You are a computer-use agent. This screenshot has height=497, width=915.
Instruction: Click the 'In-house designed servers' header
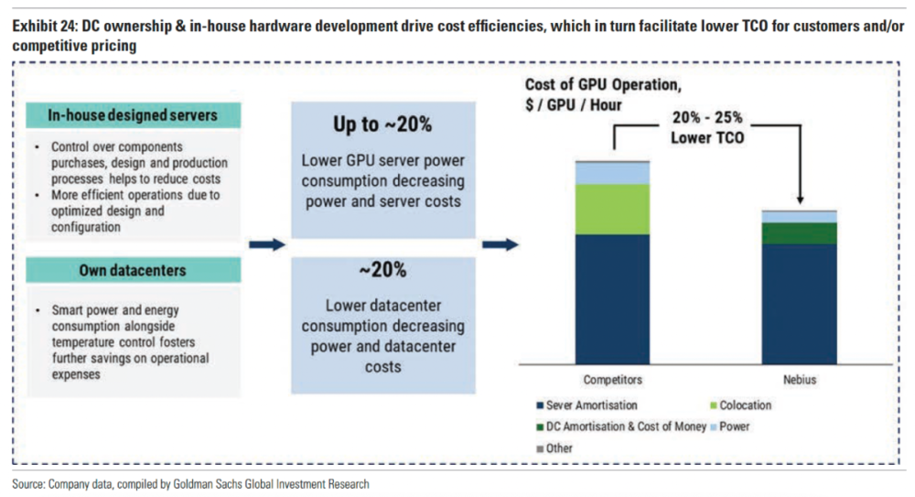coord(132,115)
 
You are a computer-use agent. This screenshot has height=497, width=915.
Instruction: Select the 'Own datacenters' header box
coord(132,270)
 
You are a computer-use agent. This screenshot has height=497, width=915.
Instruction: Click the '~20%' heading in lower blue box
coord(382,270)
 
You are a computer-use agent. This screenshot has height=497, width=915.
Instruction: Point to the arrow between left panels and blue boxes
coord(266,244)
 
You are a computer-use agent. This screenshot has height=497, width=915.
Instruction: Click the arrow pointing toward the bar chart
coord(500,244)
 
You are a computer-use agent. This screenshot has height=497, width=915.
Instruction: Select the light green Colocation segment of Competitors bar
coord(612,209)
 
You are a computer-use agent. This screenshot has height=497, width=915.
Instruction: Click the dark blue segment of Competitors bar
coord(612,297)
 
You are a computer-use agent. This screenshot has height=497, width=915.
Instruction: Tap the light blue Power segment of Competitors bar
coord(612,173)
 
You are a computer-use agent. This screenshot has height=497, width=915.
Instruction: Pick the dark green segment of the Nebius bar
coord(800,233)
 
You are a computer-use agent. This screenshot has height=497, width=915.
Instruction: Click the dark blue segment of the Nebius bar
coord(800,302)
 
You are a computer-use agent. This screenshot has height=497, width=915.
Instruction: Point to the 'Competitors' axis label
coord(612,379)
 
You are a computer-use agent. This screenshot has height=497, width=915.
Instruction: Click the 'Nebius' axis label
coord(800,379)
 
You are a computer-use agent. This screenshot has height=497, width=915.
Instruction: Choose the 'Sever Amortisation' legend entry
coord(591,405)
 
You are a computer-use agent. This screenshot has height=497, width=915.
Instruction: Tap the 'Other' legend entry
coord(558,448)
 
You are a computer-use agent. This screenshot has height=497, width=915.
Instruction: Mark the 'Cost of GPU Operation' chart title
coord(603,86)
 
